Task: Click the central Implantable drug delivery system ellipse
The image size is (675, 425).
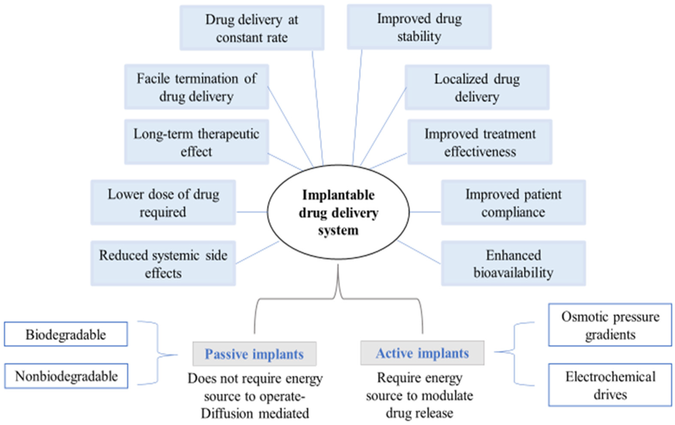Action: click(x=338, y=212)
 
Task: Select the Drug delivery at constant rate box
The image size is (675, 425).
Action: click(x=252, y=28)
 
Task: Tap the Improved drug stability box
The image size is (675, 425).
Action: click(x=419, y=27)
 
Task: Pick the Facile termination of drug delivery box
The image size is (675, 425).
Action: click(x=196, y=87)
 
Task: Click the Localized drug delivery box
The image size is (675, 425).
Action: click(x=477, y=87)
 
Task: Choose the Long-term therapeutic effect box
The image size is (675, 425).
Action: click(x=196, y=142)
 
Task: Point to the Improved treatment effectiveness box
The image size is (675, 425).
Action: click(x=480, y=142)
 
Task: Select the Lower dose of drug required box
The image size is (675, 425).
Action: click(x=163, y=203)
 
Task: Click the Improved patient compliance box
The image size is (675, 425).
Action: click(x=513, y=203)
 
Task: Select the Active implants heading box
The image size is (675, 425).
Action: click(x=422, y=353)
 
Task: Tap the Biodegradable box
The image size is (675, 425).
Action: click(x=66, y=334)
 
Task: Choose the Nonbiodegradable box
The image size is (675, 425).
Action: click(x=66, y=376)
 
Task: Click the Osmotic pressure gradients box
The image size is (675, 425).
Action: click(x=610, y=325)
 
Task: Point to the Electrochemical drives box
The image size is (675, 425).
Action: click(x=610, y=385)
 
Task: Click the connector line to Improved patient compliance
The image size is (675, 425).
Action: click(x=425, y=212)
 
